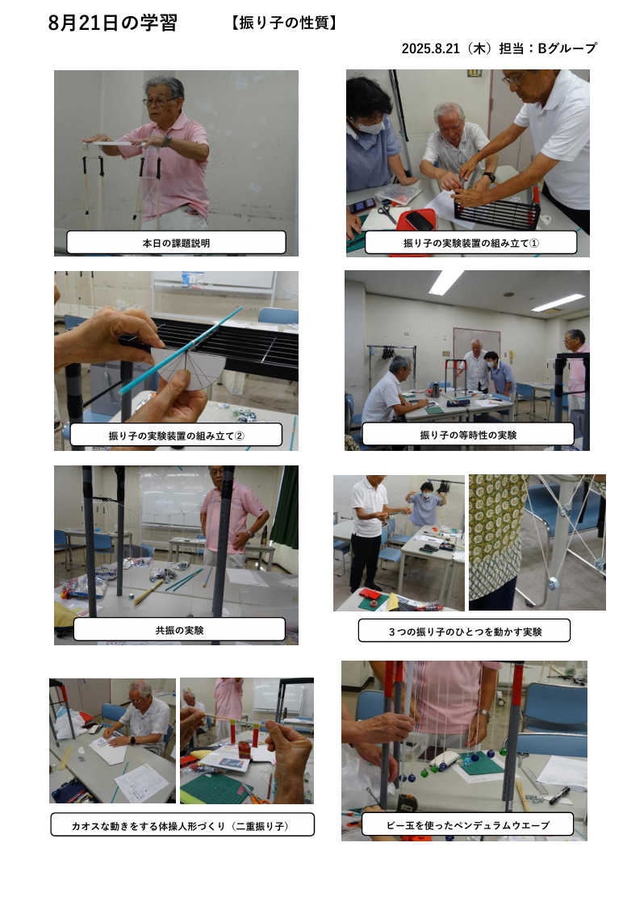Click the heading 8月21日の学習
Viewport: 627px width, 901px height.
pos(113,23)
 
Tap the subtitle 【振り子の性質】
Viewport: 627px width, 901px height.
pos(284,23)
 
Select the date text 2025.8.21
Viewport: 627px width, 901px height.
pos(430,48)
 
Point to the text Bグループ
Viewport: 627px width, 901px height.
pos(567,48)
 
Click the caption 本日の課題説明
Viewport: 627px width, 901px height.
pos(176,243)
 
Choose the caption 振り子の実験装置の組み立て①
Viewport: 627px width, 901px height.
pos(470,243)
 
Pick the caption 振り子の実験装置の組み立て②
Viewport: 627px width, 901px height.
pos(176,436)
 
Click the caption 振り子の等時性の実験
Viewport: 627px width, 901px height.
pos(468,435)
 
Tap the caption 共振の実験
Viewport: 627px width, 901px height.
pos(179,630)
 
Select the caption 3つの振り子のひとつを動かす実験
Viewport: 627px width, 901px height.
pos(465,632)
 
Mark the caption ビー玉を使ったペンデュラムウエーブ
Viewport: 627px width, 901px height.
pos(468,824)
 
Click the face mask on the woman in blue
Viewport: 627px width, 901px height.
pos(370,127)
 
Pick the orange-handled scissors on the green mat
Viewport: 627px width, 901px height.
pos(255,793)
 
